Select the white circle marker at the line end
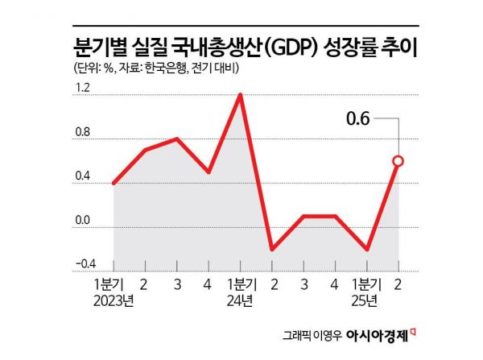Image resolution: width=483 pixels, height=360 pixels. pyautogui.click(x=398, y=161)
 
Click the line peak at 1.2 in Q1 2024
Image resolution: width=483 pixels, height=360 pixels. pyautogui.click(x=240, y=95)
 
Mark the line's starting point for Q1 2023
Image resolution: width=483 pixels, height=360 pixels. pyautogui.click(x=114, y=184)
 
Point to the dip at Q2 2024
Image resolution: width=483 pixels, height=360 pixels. pyautogui.click(x=272, y=250)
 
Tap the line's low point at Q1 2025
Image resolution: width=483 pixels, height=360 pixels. pyautogui.click(x=366, y=250)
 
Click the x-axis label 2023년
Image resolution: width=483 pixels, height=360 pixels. pyautogui.click(x=114, y=301)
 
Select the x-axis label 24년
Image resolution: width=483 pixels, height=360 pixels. pyautogui.click(x=240, y=301)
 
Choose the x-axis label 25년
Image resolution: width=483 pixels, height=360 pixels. pyautogui.click(x=366, y=301)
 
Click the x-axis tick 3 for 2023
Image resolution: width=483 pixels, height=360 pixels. pyautogui.click(x=177, y=285)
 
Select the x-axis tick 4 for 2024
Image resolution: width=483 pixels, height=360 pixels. pyautogui.click(x=335, y=285)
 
